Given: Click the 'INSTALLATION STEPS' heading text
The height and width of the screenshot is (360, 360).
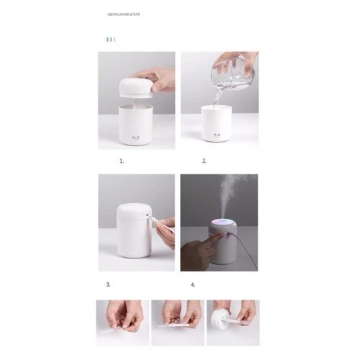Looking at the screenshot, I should pos(123,14).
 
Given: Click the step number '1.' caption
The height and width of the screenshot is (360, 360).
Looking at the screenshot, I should pos(122,161).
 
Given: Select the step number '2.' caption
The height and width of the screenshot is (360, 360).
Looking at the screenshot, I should pos(204,161).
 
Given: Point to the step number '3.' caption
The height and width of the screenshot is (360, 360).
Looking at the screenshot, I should pos(108,284).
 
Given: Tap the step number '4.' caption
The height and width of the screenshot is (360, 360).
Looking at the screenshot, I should pos(192,284).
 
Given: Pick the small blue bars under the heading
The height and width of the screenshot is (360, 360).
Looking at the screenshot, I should pos(110,40).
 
